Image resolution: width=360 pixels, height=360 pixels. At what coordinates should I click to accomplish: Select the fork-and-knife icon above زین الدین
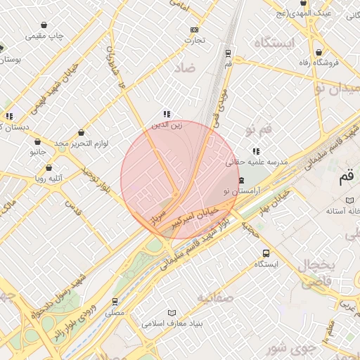[x=167, y=114]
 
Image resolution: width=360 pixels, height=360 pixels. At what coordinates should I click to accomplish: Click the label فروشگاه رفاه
[x=318, y=63]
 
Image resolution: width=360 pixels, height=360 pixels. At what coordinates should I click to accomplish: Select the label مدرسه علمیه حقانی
[x=257, y=162]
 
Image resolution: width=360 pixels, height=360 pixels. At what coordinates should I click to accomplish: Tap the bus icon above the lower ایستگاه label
[x=266, y=253]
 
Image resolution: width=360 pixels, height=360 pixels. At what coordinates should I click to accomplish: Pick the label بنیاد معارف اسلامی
[x=172, y=324]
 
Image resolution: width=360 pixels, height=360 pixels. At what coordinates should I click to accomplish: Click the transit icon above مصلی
[x=115, y=301]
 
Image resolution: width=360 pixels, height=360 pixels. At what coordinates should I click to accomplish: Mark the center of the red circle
[x=180, y=180]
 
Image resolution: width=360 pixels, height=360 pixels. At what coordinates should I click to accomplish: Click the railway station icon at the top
[x=228, y=53]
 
